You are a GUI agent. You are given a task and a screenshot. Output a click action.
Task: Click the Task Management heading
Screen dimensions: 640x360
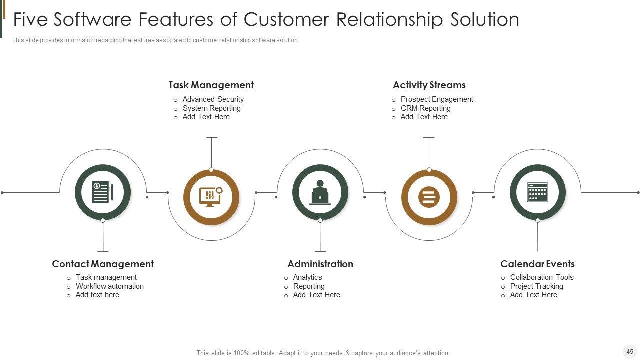tap(211, 85)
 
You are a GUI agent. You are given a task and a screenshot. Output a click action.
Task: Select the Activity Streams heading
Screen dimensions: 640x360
tap(429, 85)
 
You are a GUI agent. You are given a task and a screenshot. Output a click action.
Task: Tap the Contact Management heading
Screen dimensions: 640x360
tap(103, 264)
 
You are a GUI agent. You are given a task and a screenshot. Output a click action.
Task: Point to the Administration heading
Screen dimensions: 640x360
tap(320, 264)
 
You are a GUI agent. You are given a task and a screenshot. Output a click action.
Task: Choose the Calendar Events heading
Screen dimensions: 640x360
tap(537, 264)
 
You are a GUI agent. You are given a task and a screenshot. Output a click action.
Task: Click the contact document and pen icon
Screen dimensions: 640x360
tap(103, 192)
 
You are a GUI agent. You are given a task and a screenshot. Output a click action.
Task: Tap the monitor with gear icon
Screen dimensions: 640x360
tap(211, 197)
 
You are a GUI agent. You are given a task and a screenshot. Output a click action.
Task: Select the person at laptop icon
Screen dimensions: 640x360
tap(320, 192)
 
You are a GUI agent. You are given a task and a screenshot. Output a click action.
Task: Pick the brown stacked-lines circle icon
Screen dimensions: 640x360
tap(429, 197)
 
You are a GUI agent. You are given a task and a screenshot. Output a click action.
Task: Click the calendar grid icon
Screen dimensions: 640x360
tap(537, 192)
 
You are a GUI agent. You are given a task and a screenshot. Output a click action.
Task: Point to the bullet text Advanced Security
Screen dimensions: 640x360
tap(213, 99)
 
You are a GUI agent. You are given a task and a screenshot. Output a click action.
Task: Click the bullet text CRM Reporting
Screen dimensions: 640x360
tap(425, 108)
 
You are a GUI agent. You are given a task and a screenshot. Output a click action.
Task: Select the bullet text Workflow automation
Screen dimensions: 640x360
tap(109, 286)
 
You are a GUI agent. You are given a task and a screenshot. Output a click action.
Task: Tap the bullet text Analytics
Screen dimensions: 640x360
tap(307, 277)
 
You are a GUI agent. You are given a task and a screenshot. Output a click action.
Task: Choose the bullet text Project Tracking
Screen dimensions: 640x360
tap(537, 286)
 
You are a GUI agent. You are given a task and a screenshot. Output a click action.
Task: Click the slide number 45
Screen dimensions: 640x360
tap(630, 351)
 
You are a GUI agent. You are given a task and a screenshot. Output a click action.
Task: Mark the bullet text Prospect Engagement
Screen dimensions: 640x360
tap(437, 99)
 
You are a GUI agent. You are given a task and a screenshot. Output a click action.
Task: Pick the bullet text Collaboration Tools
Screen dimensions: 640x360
tap(542, 277)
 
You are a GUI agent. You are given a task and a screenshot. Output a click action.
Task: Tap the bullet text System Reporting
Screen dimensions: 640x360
tap(211, 108)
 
